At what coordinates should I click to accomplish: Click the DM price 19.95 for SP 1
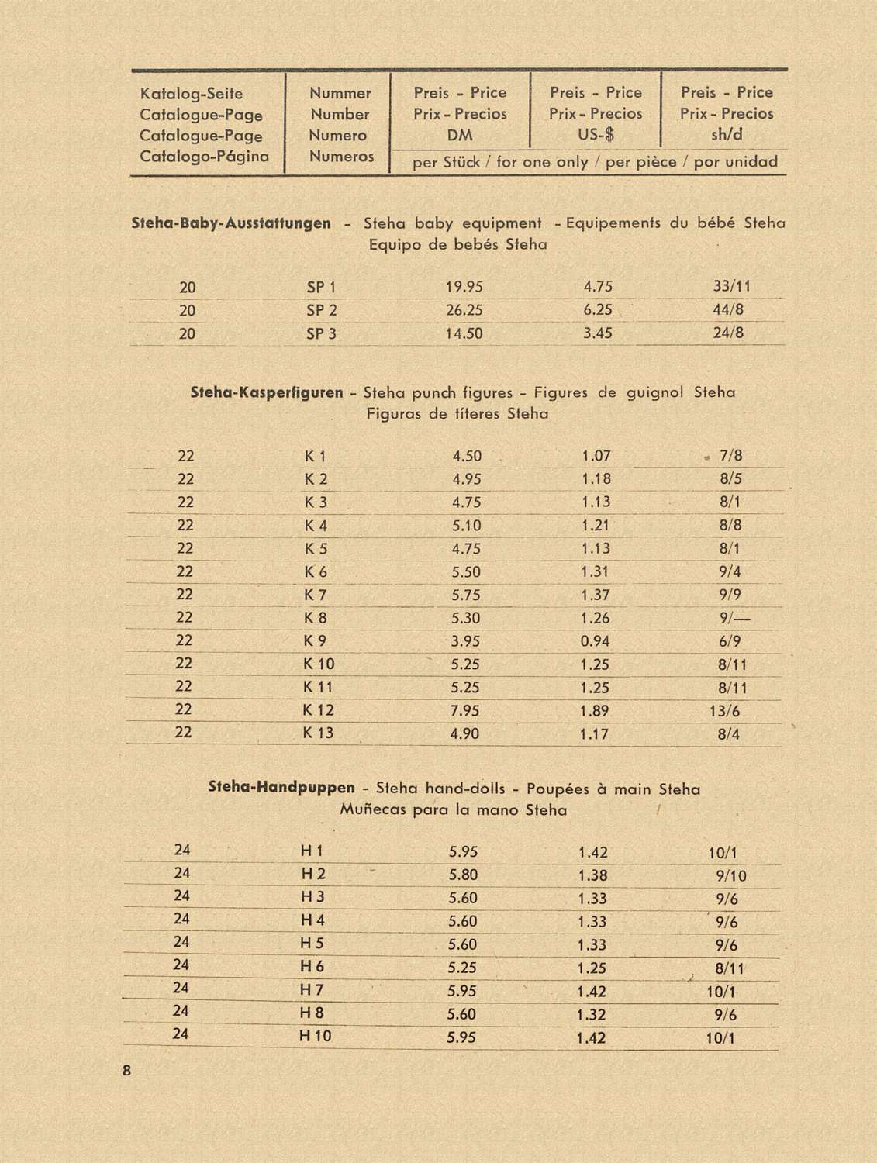coord(464,288)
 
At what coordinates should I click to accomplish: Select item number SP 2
coord(321,311)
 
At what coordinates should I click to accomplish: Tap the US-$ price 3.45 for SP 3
coord(597,334)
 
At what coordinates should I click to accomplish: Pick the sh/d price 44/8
coord(728,311)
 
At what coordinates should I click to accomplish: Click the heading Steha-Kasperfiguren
coord(267,393)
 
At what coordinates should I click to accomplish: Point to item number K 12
coord(318,710)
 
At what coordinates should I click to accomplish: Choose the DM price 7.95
coord(464,711)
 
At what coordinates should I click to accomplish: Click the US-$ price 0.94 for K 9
coord(595,641)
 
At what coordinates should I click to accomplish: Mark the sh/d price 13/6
coord(724,711)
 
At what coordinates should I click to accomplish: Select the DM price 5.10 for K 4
coord(466,526)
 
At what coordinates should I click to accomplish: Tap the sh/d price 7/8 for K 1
coord(730,456)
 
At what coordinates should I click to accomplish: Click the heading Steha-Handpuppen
coord(282,789)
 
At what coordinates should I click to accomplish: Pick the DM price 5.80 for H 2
coord(463,875)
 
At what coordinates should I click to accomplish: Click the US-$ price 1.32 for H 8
coord(592,1014)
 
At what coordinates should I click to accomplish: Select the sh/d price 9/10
coord(730,876)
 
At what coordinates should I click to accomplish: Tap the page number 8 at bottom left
coord(127,1072)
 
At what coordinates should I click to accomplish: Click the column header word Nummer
coord(340,94)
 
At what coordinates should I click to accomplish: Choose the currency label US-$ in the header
coord(596,135)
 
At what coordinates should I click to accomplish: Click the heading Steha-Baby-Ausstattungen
coord(231,224)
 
